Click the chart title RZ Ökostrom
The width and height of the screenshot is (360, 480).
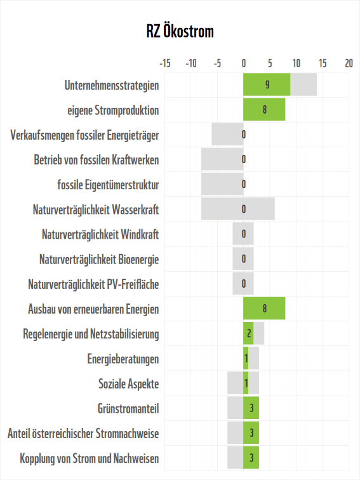tap(180, 32)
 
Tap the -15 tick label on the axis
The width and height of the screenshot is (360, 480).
tap(164, 63)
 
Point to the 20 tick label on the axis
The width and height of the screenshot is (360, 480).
tap(349, 63)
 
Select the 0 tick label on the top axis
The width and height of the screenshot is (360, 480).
tap(244, 63)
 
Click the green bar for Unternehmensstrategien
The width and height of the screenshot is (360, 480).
tap(267, 84)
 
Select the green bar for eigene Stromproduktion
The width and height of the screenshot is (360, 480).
tap(264, 109)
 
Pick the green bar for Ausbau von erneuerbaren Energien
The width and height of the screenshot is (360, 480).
tap(264, 309)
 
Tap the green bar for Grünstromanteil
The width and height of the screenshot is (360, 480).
tap(251, 408)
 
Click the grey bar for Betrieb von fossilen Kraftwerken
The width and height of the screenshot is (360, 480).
tap(222, 159)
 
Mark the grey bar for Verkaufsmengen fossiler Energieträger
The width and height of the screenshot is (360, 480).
tap(227, 135)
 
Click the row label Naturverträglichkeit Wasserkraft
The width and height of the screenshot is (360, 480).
tap(95, 210)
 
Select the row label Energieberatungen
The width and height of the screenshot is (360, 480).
tap(123, 359)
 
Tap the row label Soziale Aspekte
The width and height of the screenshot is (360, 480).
tap(128, 384)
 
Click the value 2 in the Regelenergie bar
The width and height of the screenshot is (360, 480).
tap(250, 334)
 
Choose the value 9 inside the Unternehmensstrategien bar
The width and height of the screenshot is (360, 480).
tap(268, 84)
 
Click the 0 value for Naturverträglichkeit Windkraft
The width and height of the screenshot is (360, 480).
tap(244, 234)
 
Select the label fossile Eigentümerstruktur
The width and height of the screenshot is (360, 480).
tap(108, 185)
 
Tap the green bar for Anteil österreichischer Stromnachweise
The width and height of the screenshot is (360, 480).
tap(251, 433)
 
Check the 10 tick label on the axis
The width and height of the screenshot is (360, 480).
tap(296, 63)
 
